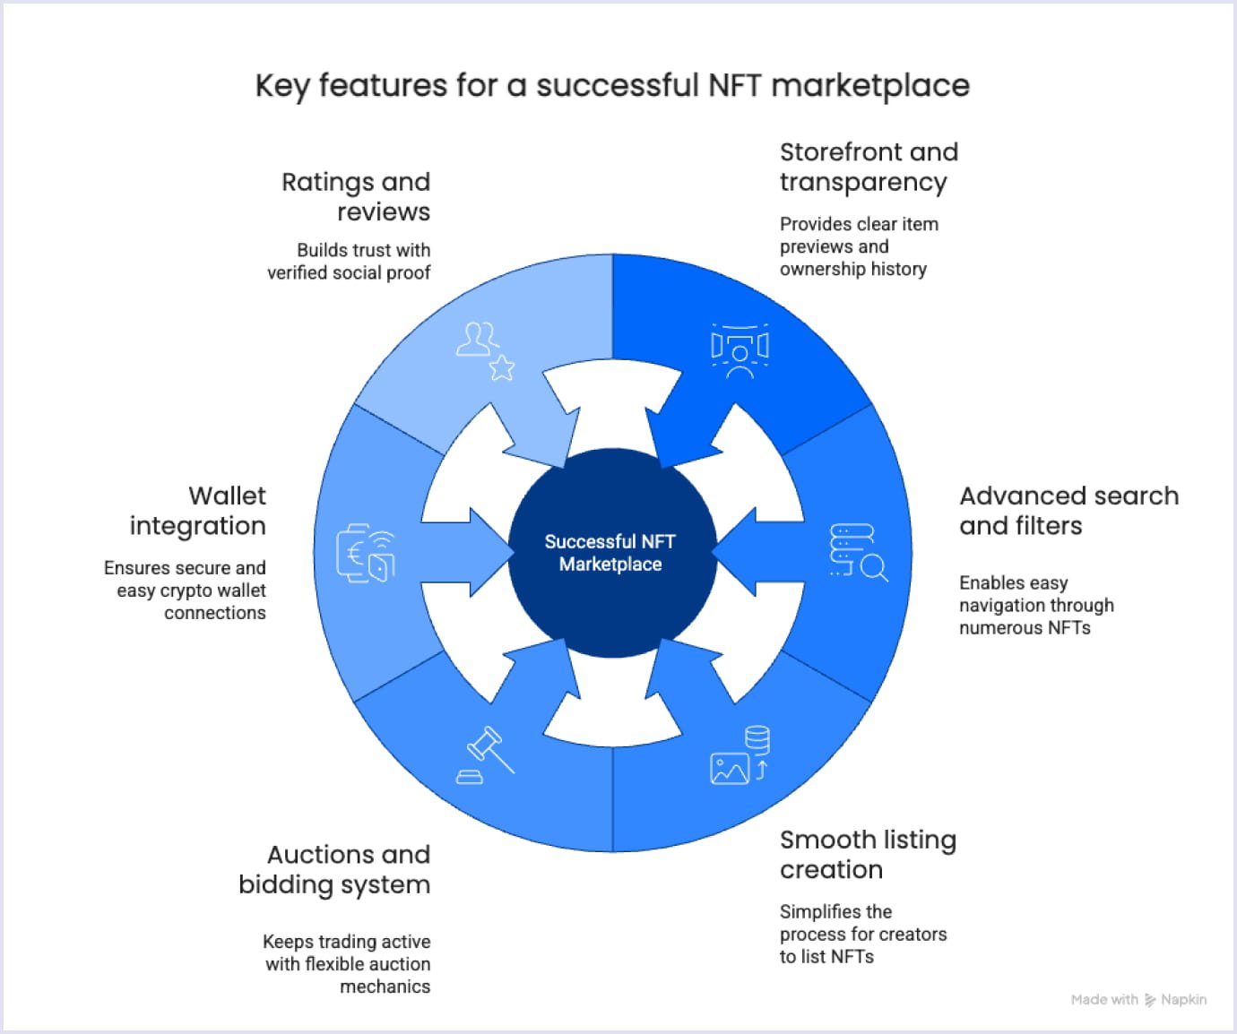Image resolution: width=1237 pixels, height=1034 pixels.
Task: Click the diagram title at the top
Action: tap(612, 86)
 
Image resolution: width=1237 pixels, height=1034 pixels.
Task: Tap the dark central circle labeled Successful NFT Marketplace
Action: tap(611, 553)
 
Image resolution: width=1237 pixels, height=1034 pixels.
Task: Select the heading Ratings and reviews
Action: tap(356, 196)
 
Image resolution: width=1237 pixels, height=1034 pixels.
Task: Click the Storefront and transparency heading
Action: tap(868, 167)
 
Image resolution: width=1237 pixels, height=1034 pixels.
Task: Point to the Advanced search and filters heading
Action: tap(1068, 511)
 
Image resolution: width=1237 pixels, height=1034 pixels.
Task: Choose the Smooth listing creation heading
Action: tap(867, 854)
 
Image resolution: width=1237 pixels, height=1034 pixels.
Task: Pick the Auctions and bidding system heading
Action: tap(334, 869)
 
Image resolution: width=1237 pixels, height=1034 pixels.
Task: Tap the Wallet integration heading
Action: tap(198, 511)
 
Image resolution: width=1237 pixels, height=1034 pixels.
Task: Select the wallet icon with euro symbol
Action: tap(366, 553)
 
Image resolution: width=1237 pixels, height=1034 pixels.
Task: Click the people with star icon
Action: tap(485, 350)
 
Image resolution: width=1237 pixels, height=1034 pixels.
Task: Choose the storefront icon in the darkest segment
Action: tap(740, 350)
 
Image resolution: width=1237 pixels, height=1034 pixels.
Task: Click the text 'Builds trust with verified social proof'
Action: tap(350, 261)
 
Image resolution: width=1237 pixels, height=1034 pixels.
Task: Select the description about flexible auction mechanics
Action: tap(347, 963)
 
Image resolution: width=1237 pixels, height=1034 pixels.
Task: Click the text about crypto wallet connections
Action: tap(186, 590)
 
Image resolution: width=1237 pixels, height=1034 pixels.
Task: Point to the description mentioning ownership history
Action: tap(858, 246)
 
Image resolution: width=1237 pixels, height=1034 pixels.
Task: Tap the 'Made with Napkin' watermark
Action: tap(1138, 999)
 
